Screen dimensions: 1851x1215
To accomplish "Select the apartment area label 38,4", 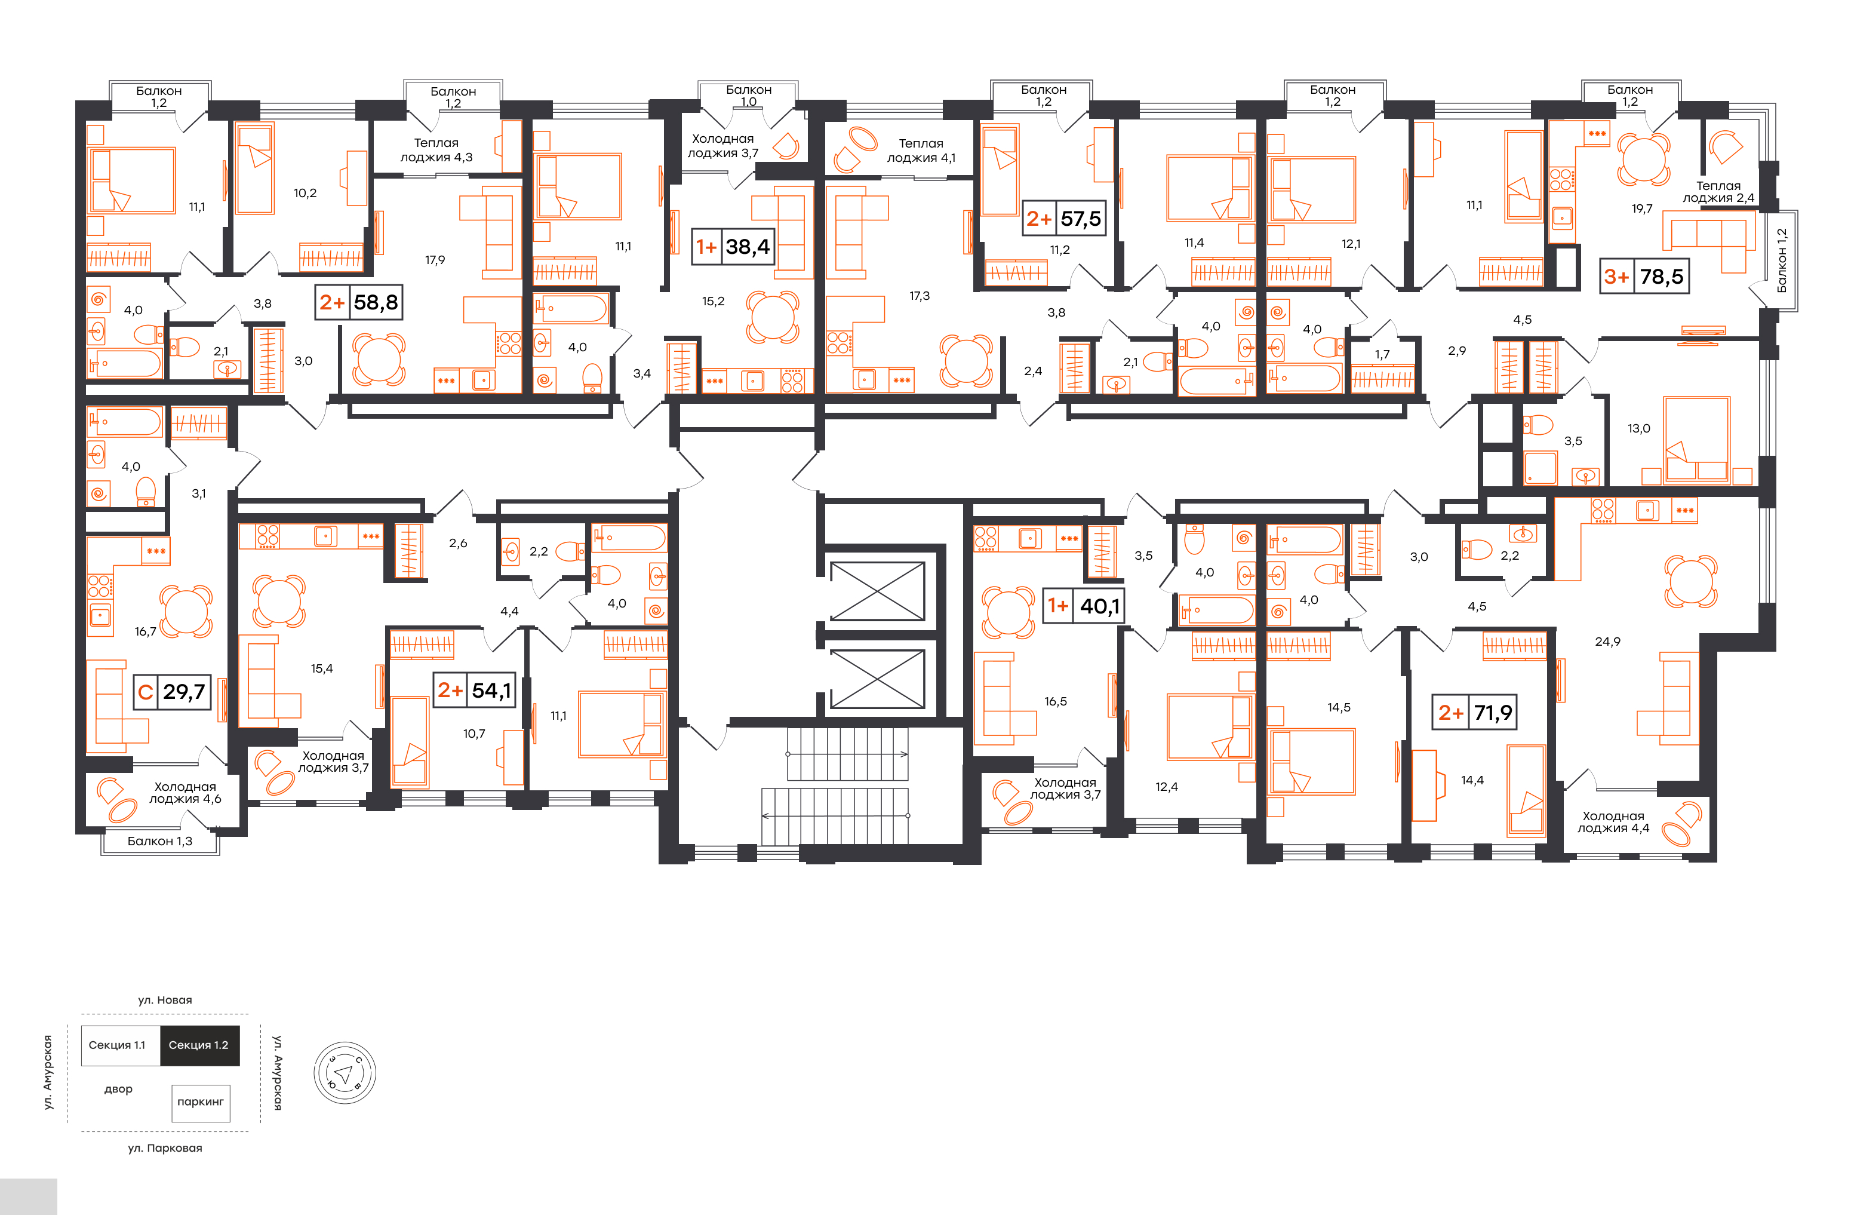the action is point(748,247).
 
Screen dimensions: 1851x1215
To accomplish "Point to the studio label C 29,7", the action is point(172,692).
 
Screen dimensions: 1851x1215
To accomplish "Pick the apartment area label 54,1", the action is point(491,690).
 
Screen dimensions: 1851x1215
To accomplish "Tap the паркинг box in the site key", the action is point(201,1103).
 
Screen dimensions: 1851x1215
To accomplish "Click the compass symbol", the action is point(345,1073).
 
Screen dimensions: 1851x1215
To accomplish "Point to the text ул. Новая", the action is point(165,1001).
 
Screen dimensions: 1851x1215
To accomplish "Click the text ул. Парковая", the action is point(165,1148).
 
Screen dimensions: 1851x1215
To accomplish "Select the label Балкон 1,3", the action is point(159,841).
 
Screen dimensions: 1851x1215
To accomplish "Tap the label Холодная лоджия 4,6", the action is point(185,793).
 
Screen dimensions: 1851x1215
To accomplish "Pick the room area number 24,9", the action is point(1607,642).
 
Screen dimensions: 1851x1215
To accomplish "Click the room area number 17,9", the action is point(435,260).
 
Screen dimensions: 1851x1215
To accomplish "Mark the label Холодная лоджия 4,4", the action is point(1613,822).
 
